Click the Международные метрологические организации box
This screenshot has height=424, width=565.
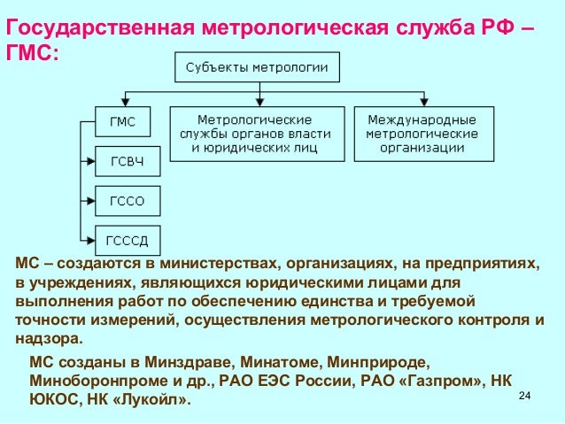pyautogui.click(x=422, y=134)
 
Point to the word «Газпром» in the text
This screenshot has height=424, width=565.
pyautogui.click(x=445, y=382)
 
